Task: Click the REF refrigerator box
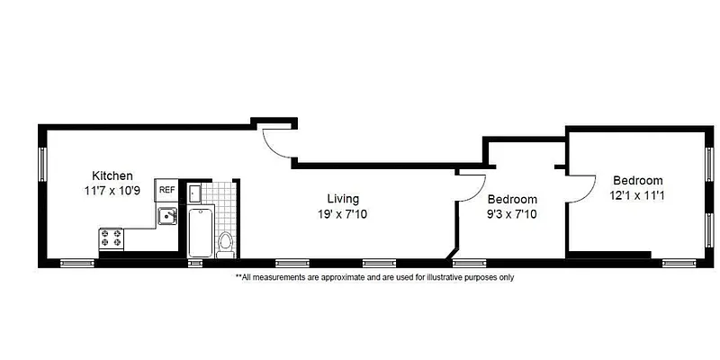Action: point(166,190)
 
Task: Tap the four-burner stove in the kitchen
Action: point(112,238)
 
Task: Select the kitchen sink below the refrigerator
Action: point(166,215)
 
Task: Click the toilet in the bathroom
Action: point(225,243)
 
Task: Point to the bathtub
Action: point(199,231)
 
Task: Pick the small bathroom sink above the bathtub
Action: point(195,191)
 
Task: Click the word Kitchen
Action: point(112,175)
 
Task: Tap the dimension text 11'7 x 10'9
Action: point(112,191)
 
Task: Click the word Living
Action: point(343,198)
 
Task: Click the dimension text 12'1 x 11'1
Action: point(638,194)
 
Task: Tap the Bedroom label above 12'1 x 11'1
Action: point(638,179)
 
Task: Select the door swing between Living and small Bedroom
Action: point(471,185)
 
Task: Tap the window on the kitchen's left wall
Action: point(41,163)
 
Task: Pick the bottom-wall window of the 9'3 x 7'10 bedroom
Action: point(466,263)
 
